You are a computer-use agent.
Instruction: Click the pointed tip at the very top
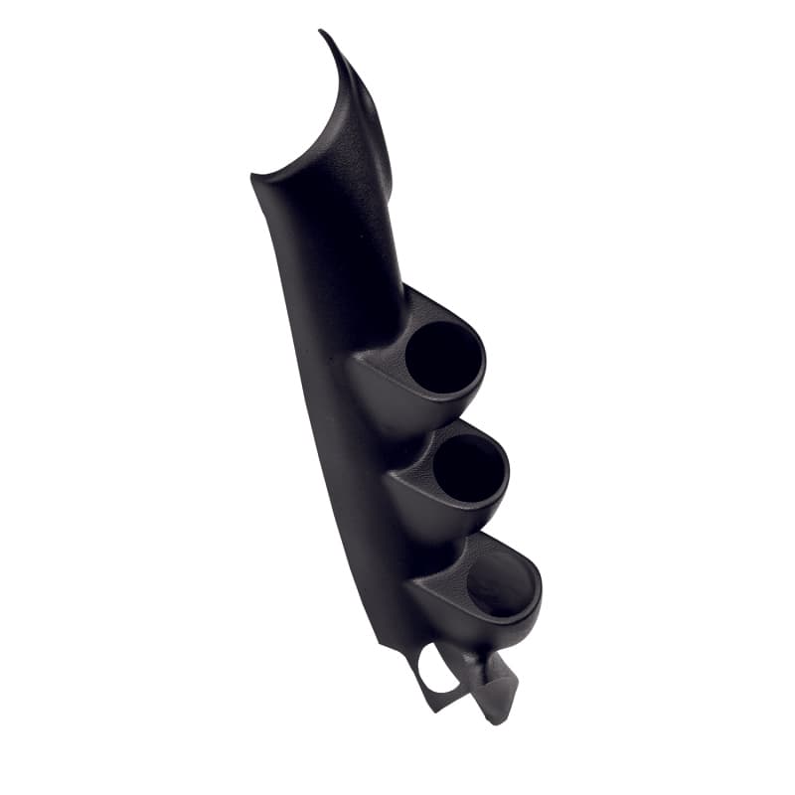pyautogui.click(x=322, y=33)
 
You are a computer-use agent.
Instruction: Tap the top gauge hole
pyautogui.click(x=443, y=357)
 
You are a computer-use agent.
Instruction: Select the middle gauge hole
pyautogui.click(x=468, y=467)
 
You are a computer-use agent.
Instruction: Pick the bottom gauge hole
pyautogui.click(x=499, y=582)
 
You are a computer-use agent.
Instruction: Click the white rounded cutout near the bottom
pyautogui.click(x=437, y=667)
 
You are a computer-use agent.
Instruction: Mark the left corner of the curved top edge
pyautogui.click(x=253, y=179)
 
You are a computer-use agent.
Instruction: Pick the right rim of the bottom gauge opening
pyautogui.click(x=540, y=586)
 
